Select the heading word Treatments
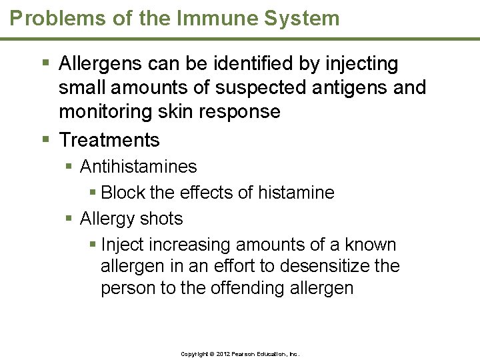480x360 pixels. point(109,140)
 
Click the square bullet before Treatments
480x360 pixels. point(45,140)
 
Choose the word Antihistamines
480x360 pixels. point(138,166)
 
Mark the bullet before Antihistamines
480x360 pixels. point(70,166)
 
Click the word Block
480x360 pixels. point(123,193)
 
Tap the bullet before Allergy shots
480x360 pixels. point(70,219)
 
